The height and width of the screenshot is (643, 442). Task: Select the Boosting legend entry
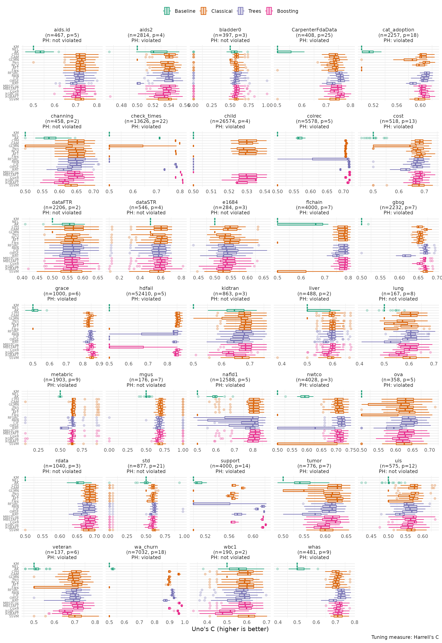pos(282,11)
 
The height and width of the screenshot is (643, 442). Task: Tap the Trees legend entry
pos(249,11)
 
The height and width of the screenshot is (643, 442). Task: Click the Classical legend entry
pos(216,11)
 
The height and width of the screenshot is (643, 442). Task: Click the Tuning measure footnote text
pos(405,637)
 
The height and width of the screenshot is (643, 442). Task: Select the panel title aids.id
pos(62,30)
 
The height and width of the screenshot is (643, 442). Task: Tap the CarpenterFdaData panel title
pos(314,30)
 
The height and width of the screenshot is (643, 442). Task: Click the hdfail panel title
pos(146,288)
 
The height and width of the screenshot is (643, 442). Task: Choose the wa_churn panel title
pos(146,547)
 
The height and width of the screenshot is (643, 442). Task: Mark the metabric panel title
pos(62,374)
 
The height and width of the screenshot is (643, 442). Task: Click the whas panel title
pos(314,547)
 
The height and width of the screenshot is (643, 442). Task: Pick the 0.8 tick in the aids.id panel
pos(97,105)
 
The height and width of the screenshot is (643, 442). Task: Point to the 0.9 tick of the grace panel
pos(100,364)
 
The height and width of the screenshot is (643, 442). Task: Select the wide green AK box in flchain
pos(300,224)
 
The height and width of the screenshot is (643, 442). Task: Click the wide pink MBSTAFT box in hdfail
pos(126,347)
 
